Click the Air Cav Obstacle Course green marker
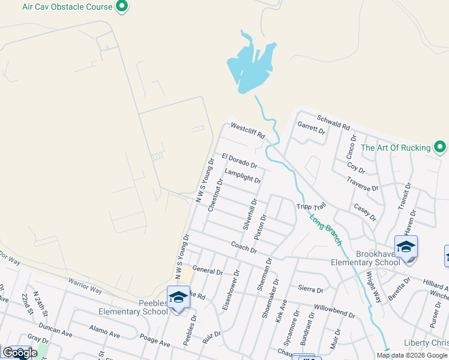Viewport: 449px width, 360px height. [122, 7]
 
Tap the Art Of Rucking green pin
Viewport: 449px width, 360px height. [440, 147]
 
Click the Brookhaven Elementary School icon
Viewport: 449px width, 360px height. [406, 247]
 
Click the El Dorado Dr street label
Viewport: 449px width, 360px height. [240, 160]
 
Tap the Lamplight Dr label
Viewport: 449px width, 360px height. [243, 176]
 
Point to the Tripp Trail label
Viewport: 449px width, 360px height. [310, 207]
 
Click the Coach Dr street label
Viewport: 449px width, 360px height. [244, 247]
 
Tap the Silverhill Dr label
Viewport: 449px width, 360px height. [250, 215]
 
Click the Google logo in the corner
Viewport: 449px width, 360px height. [20, 353]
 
